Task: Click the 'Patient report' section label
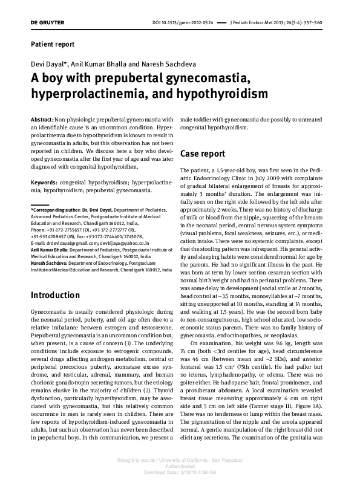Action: tap(53, 45)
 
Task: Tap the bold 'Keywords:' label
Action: tap(44, 182)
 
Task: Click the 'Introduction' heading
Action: tap(56, 295)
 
